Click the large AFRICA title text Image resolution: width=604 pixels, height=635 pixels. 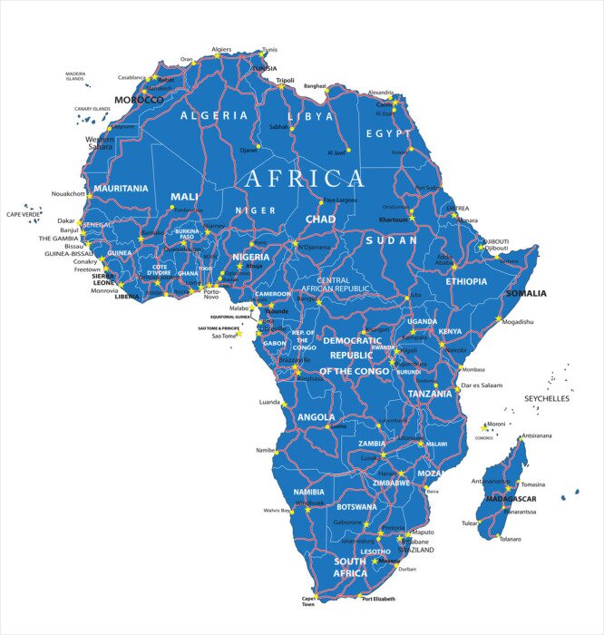(x=304, y=178)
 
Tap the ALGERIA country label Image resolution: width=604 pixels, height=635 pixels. (x=214, y=115)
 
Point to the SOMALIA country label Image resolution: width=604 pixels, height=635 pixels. (x=526, y=293)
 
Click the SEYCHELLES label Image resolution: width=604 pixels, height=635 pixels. (x=547, y=398)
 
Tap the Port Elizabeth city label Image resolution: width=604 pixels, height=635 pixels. (x=379, y=599)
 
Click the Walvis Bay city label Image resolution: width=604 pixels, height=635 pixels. (x=277, y=511)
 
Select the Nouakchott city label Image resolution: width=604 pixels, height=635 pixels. (x=68, y=193)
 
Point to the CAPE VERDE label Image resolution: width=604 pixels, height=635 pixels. (x=24, y=214)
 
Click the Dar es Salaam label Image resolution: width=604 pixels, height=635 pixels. (x=482, y=386)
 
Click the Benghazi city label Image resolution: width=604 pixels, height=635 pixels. (x=315, y=85)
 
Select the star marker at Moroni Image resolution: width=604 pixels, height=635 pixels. (x=483, y=427)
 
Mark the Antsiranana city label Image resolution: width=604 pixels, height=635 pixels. (x=536, y=436)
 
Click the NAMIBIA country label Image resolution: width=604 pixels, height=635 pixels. (x=308, y=492)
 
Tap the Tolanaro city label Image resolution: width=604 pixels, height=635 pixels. (x=511, y=539)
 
